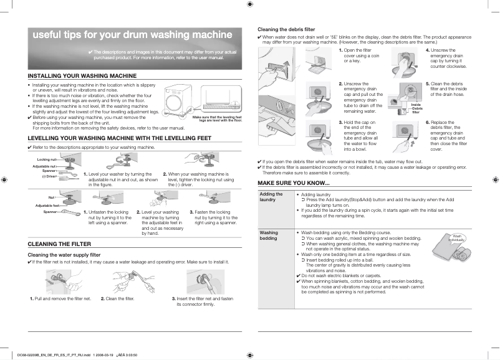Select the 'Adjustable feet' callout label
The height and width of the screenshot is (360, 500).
[47, 205]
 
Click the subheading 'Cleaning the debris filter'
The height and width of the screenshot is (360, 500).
[286, 29]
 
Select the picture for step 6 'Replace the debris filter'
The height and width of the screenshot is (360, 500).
[405, 136]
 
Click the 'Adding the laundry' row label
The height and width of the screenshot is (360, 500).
[271, 197]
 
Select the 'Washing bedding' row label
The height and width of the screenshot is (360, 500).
[269, 235]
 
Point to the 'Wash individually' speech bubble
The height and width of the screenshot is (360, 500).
[458, 238]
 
